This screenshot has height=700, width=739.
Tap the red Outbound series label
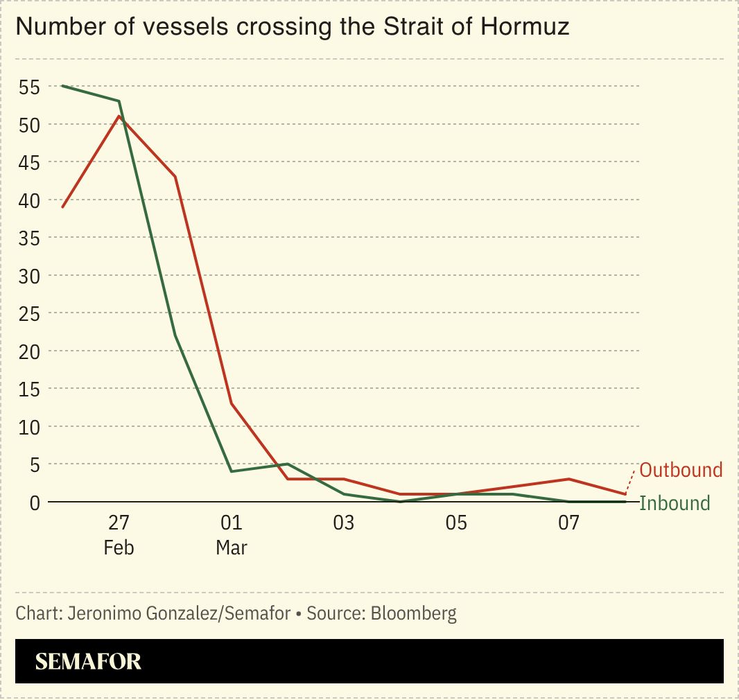[x=681, y=470]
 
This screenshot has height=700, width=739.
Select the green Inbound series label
[x=675, y=503]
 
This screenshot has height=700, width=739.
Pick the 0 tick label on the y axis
[x=33, y=502]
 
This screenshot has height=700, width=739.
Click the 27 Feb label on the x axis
[x=119, y=534]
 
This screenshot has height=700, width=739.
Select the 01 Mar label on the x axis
[x=232, y=534]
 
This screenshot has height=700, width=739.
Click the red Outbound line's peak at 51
[x=119, y=116]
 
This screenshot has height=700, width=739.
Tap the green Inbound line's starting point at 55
[x=62, y=86]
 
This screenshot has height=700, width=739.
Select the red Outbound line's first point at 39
[x=62, y=207]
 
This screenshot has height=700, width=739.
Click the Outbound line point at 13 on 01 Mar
[x=232, y=403]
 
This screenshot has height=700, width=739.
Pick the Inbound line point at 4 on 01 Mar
[x=232, y=471]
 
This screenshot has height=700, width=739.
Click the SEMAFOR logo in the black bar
[x=88, y=662]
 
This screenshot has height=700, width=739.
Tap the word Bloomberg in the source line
[x=413, y=613]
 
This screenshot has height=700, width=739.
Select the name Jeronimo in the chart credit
[x=103, y=613]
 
